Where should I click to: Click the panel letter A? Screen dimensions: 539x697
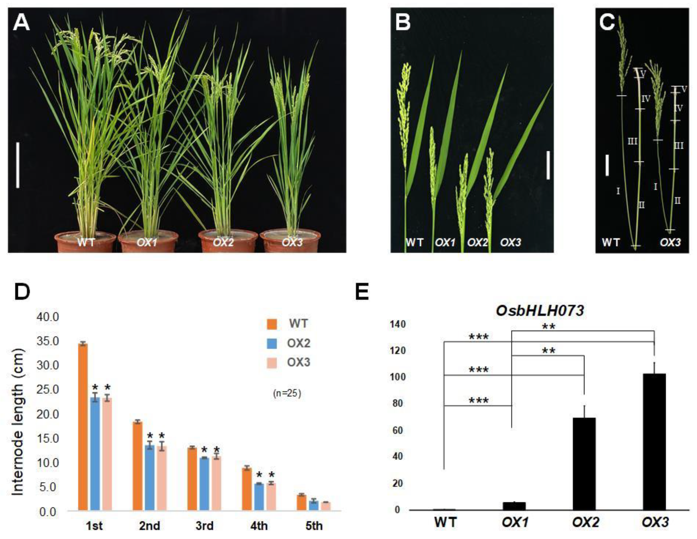tap(21, 23)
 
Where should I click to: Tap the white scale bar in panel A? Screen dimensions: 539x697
tap(18, 165)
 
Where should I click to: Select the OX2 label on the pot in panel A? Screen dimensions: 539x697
tap(223, 242)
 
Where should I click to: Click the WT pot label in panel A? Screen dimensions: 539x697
tap(86, 242)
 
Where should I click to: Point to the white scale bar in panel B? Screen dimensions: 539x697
tap(548, 165)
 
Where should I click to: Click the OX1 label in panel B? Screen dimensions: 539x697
tap(445, 242)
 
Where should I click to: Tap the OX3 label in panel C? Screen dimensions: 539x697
tap(670, 242)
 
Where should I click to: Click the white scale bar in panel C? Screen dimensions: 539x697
tap(607, 165)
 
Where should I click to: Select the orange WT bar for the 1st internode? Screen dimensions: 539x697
tap(83, 427)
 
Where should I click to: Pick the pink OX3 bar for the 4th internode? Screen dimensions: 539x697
tap(271, 497)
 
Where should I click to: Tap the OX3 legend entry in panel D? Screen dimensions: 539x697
tap(298, 363)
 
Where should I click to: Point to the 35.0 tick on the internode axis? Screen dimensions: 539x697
tap(48, 341)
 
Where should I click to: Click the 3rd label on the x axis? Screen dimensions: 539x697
tap(204, 526)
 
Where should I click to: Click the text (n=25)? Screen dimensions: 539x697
tap(287, 394)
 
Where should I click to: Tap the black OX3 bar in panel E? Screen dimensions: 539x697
tap(654, 442)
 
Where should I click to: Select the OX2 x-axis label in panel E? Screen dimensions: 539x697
tap(585, 522)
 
